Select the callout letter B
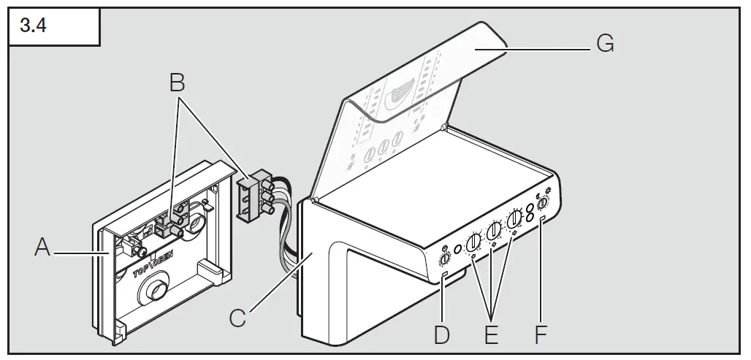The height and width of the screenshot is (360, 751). pyautogui.click(x=175, y=83)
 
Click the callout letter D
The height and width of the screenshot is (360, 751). pyautogui.click(x=441, y=334)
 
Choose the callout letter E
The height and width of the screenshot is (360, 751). pyautogui.click(x=491, y=334)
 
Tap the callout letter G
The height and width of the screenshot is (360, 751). pyautogui.click(x=605, y=45)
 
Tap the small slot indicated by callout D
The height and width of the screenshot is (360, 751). pyautogui.click(x=444, y=275)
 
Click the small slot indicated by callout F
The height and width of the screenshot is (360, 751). pyautogui.click(x=542, y=220)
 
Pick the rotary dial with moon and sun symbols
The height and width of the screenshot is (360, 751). pyautogui.click(x=542, y=205)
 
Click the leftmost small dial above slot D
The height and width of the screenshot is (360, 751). pyautogui.click(x=444, y=259)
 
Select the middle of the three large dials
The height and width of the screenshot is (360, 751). pyautogui.click(x=495, y=230)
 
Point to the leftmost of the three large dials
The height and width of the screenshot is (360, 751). pyautogui.click(x=473, y=241)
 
